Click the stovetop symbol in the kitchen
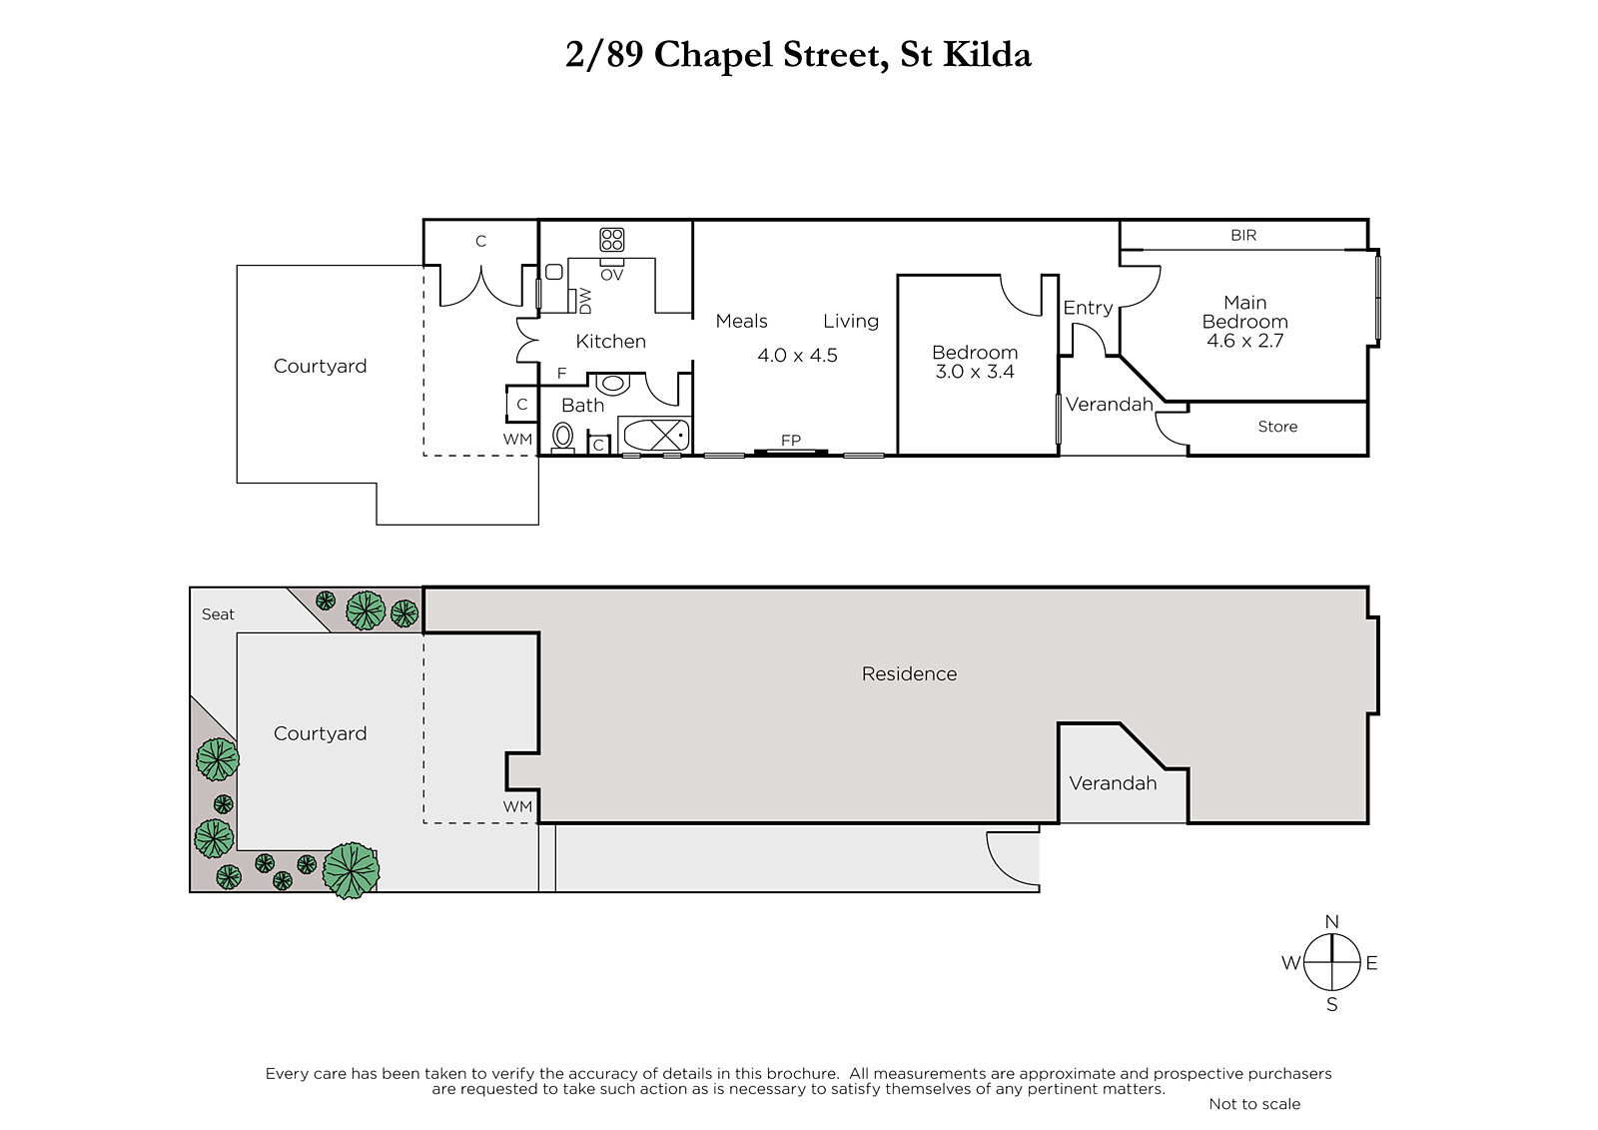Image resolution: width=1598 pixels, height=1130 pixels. (x=611, y=239)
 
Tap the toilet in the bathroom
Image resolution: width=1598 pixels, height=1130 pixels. (x=563, y=437)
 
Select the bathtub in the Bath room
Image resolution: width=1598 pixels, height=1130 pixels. (x=655, y=435)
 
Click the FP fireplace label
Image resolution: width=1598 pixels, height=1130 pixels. (x=790, y=441)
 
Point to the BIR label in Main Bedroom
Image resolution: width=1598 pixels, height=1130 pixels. (x=1243, y=235)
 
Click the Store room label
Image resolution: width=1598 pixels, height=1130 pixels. (x=1277, y=427)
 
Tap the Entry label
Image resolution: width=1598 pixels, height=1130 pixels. (x=1088, y=308)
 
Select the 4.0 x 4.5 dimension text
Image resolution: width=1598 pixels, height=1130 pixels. (x=798, y=355)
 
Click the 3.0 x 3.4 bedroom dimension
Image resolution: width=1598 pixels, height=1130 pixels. (x=975, y=372)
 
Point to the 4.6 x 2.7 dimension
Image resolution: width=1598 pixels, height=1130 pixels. (x=1244, y=341)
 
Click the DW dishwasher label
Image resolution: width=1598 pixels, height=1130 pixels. (x=585, y=301)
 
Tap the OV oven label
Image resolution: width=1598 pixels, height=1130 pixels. (x=612, y=275)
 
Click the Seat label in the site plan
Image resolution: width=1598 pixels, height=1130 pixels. (x=218, y=613)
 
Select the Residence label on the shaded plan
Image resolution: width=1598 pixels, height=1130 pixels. (x=909, y=673)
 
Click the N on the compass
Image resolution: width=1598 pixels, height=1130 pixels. (x=1332, y=921)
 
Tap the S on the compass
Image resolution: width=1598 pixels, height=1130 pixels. (x=1332, y=1004)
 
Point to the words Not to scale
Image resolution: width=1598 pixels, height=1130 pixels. (x=1254, y=1104)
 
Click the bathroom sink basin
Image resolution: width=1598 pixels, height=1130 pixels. (x=612, y=384)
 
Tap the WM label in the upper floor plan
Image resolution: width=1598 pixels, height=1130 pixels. (x=517, y=439)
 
